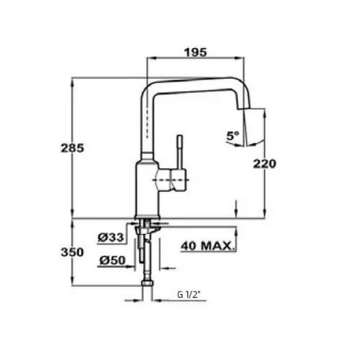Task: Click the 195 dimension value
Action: pos(196,52)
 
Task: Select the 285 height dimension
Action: pos(71,148)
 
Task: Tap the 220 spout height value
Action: pos(263,163)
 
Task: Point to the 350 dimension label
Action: pos(71,253)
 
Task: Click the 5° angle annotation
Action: pos(232,136)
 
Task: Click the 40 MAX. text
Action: pos(208,245)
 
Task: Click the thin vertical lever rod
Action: pos(178,153)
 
